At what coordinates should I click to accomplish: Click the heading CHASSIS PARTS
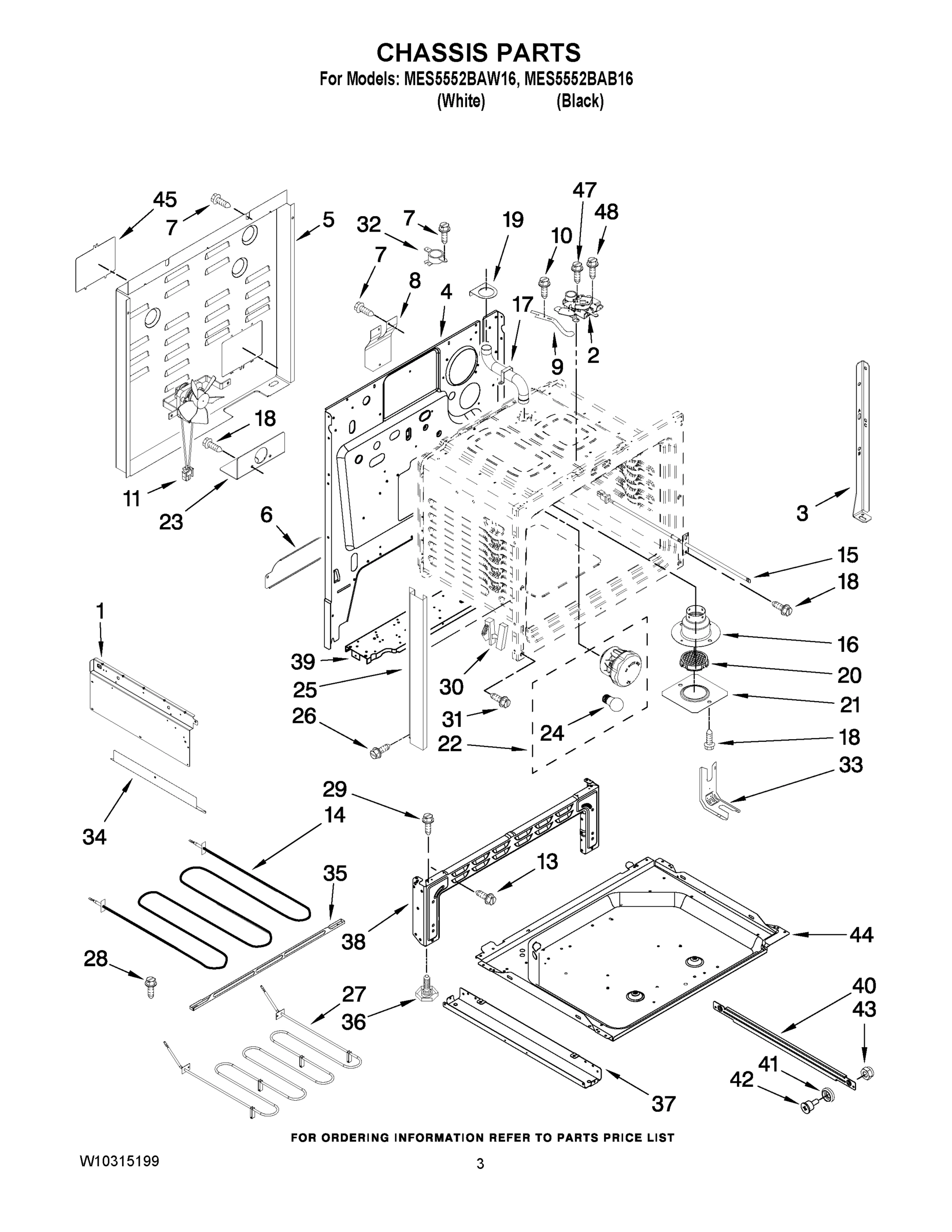(478, 52)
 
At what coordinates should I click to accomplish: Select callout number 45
(165, 200)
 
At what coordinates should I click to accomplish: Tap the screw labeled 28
(150, 986)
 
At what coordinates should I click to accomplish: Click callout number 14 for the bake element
(335, 815)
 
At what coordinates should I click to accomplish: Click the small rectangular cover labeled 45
(96, 265)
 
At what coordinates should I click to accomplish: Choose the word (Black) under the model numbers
(580, 102)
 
